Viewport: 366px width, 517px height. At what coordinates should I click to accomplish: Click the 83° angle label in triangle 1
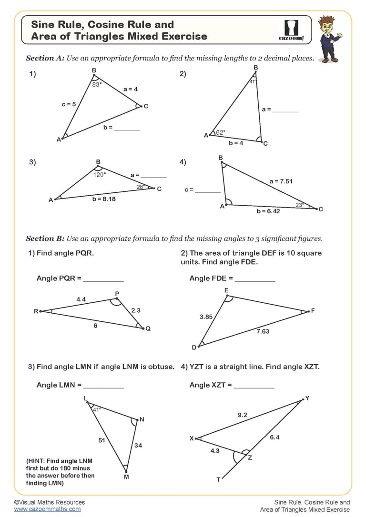click(97, 84)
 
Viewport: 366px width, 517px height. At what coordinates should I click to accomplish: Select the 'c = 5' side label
click(69, 104)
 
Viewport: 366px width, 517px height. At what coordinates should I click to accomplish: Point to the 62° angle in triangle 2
click(221, 133)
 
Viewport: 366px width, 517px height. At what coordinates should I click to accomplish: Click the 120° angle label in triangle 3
click(100, 175)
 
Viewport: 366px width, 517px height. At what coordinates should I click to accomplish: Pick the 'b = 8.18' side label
click(104, 199)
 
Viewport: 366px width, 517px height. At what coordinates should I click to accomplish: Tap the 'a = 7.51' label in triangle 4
click(281, 181)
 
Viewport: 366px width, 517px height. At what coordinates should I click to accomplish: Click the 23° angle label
click(300, 205)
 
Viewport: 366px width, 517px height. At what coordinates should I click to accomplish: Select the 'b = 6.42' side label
click(268, 211)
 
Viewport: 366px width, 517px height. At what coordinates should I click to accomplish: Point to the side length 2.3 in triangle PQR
click(136, 310)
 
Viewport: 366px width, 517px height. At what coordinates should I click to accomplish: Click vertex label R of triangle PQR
click(36, 311)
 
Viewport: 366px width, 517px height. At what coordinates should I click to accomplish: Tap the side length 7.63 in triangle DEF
click(263, 331)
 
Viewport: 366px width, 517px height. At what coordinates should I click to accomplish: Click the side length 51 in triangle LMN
click(102, 440)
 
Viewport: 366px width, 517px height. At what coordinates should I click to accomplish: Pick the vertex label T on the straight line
click(219, 479)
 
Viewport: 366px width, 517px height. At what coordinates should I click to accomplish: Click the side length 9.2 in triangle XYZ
click(242, 415)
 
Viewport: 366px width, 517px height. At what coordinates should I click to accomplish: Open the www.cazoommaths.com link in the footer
click(47, 509)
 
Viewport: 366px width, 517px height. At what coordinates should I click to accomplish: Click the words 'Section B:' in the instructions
click(45, 239)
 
